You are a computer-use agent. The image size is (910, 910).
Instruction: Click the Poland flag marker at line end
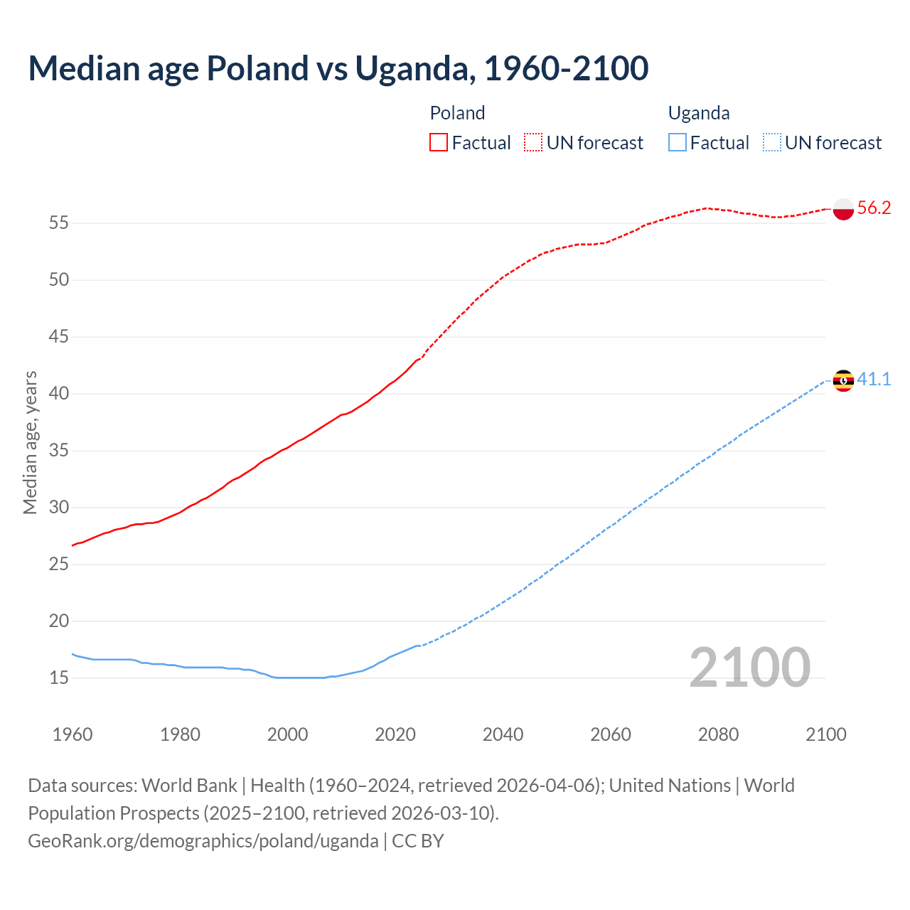tap(843, 209)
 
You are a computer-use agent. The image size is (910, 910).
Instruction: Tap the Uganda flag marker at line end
tap(843, 381)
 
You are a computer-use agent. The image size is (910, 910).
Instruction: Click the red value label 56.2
tap(874, 208)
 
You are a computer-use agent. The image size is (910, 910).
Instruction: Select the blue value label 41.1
tap(874, 379)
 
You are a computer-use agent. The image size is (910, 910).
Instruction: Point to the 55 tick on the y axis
tap(59, 223)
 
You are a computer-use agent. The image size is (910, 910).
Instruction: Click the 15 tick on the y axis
tap(59, 678)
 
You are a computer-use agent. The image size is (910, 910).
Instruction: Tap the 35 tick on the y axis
tap(59, 450)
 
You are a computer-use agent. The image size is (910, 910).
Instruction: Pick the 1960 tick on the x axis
tap(73, 734)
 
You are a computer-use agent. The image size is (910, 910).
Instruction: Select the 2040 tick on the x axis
tap(503, 734)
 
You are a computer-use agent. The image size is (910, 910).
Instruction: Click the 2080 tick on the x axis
tap(718, 734)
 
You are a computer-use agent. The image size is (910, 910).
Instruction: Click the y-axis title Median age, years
tap(30, 442)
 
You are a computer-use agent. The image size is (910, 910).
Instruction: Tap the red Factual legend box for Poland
tap(439, 143)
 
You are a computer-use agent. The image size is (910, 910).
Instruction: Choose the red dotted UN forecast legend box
tap(533, 143)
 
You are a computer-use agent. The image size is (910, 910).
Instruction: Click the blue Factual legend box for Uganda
tap(678, 143)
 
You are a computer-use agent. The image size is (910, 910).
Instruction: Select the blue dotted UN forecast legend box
tap(772, 143)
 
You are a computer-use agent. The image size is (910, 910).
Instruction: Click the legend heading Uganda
tap(699, 113)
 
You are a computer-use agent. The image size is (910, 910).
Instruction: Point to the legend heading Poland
tap(457, 113)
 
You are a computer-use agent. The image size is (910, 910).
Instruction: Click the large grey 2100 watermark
tap(749, 668)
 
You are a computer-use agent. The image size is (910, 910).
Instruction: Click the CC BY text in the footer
tap(418, 841)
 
